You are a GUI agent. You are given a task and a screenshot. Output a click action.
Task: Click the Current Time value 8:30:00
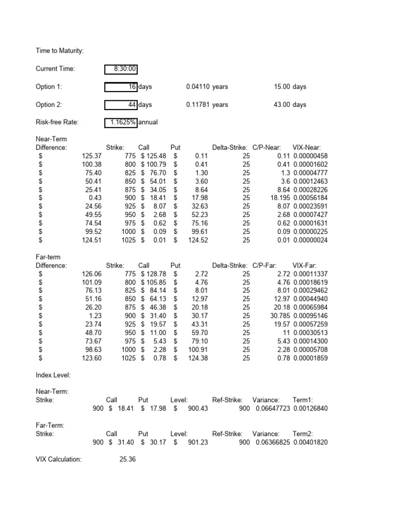pyautogui.click(x=121, y=69)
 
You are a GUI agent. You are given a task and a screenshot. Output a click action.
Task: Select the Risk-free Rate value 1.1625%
pyautogui.click(x=121, y=122)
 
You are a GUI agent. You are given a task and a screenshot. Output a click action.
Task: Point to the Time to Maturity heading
pyautogui.click(x=60, y=51)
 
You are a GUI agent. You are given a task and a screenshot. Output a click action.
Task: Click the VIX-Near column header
pyautogui.click(x=307, y=147)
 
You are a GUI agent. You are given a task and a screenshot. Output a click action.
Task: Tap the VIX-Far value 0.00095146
pyautogui.click(x=309, y=316)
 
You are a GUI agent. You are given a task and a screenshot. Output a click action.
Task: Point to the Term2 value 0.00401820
pyautogui.click(x=309, y=443)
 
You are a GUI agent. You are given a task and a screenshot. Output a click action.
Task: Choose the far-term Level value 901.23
pyautogui.click(x=198, y=443)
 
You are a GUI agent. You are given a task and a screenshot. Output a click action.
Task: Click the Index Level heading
pyautogui.click(x=53, y=375)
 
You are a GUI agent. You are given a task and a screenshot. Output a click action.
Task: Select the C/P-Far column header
pyautogui.click(x=268, y=266)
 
